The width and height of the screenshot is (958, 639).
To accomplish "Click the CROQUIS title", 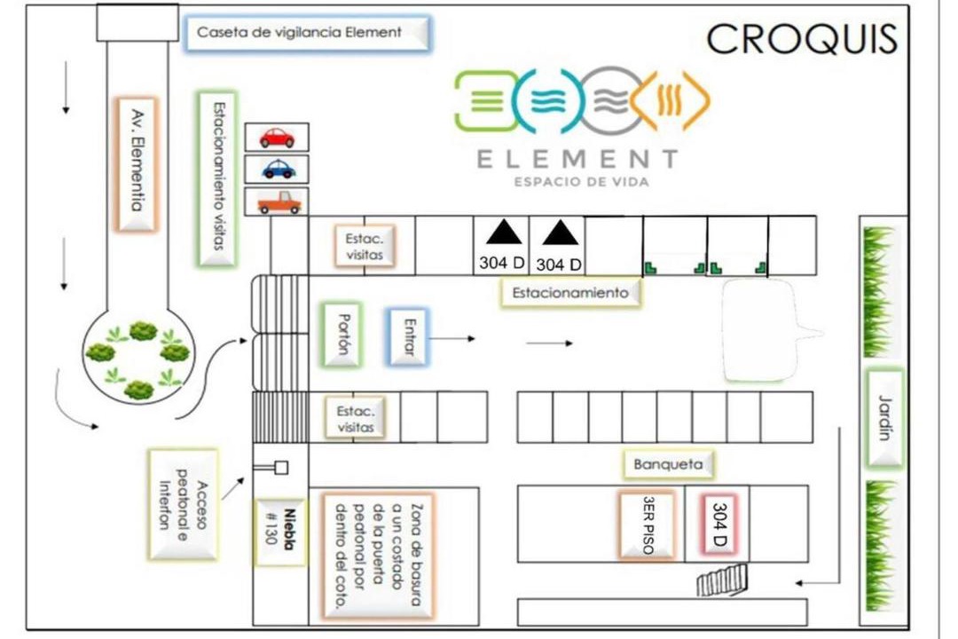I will [801, 40].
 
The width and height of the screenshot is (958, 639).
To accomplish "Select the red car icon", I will [277, 138].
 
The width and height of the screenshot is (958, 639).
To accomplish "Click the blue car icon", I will [279, 168].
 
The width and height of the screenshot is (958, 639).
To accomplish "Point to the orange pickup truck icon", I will [279, 202].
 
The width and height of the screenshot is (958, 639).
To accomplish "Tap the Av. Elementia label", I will [137, 164].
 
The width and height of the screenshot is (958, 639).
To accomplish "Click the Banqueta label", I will [668, 463].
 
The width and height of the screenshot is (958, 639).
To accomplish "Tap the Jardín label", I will [883, 417].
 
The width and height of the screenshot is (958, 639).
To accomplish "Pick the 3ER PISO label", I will [647, 525].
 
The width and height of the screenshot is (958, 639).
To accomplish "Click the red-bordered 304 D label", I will [718, 525].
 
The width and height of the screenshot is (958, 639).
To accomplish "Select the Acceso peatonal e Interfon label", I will [184, 504].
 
